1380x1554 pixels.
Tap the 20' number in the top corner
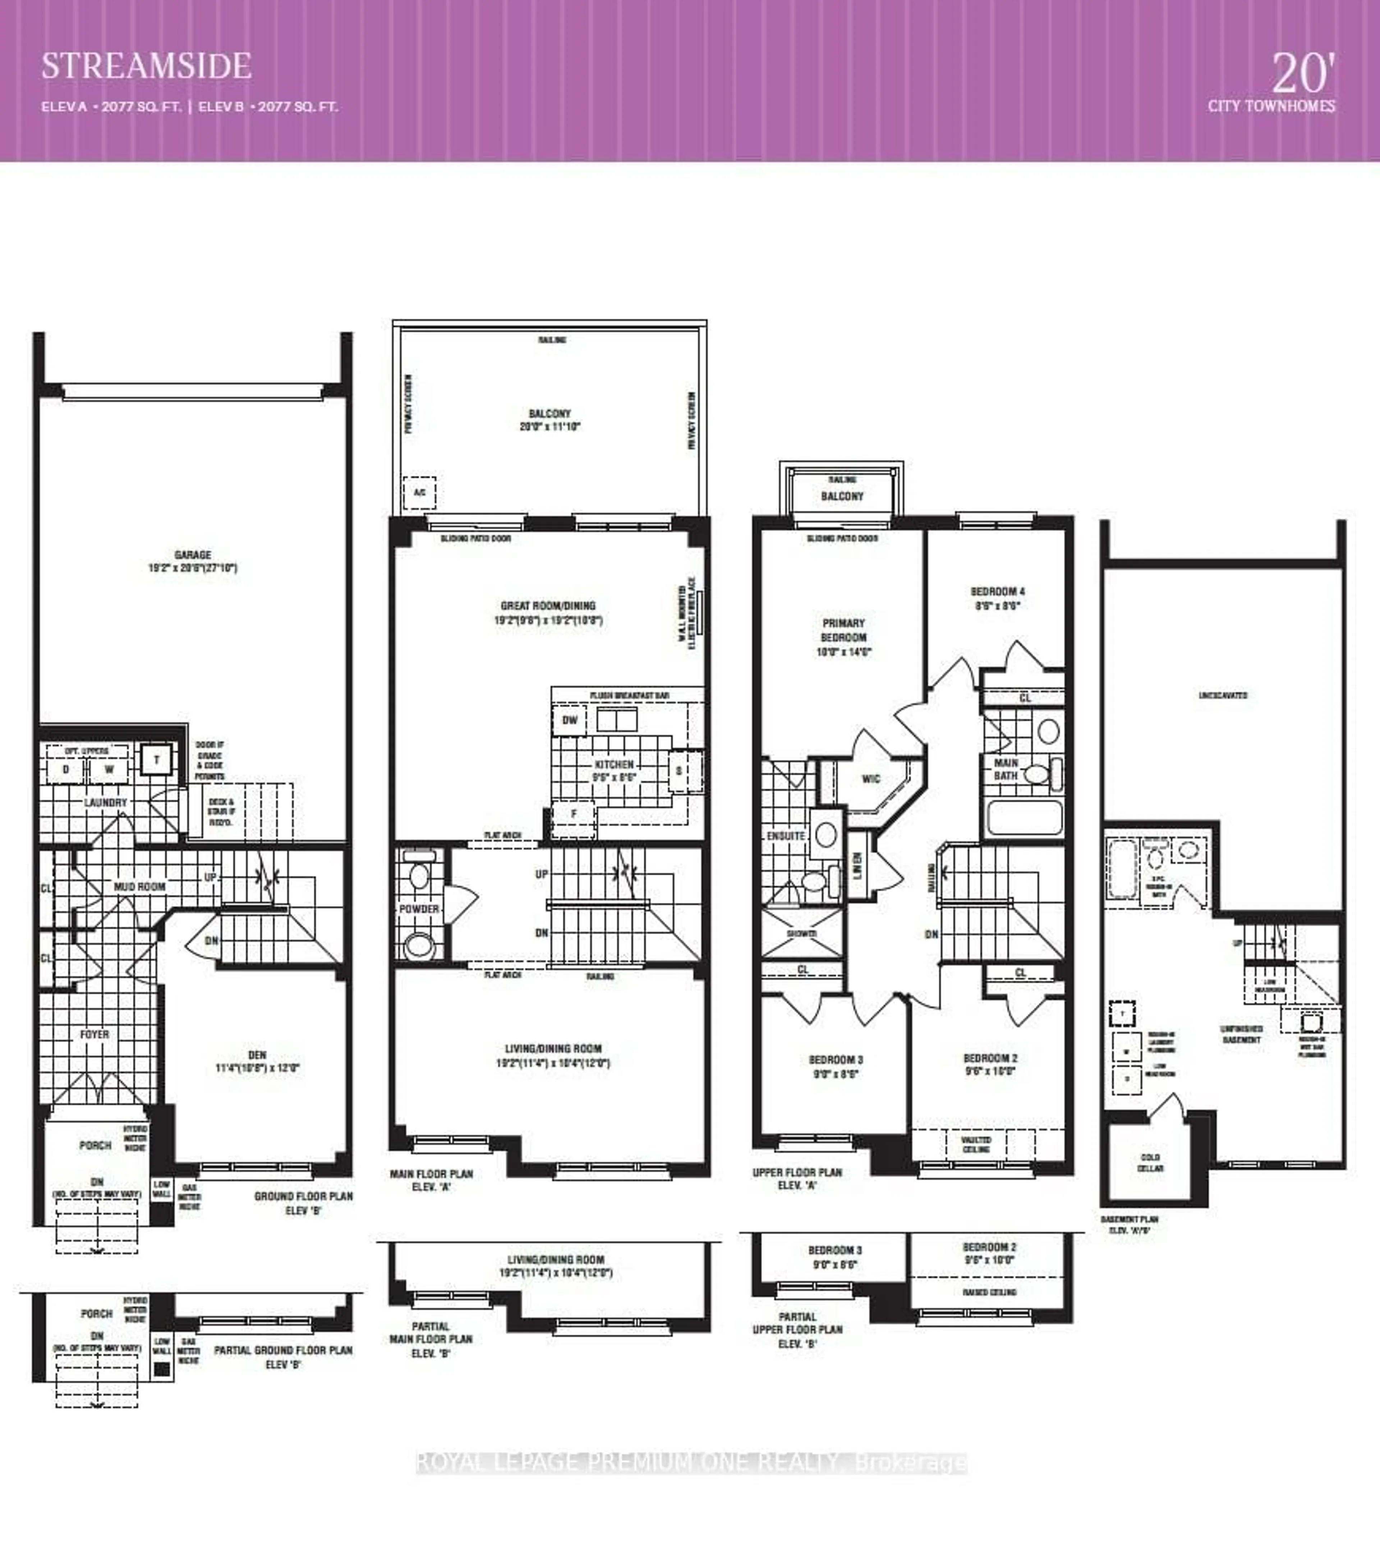pos(1303,74)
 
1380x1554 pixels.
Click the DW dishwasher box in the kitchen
pos(570,720)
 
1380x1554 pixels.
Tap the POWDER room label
pos(419,909)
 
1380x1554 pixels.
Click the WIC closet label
pos(871,779)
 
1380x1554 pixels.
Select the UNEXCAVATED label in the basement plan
pos(1223,695)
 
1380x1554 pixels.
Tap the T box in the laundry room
pos(157,760)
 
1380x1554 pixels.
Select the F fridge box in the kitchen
pos(574,814)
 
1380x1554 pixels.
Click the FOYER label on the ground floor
pos(94,1034)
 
